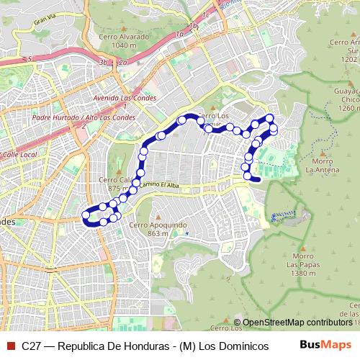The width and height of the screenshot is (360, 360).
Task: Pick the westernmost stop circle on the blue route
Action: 86,215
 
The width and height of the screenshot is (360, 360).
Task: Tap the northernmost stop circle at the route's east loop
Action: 269,118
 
